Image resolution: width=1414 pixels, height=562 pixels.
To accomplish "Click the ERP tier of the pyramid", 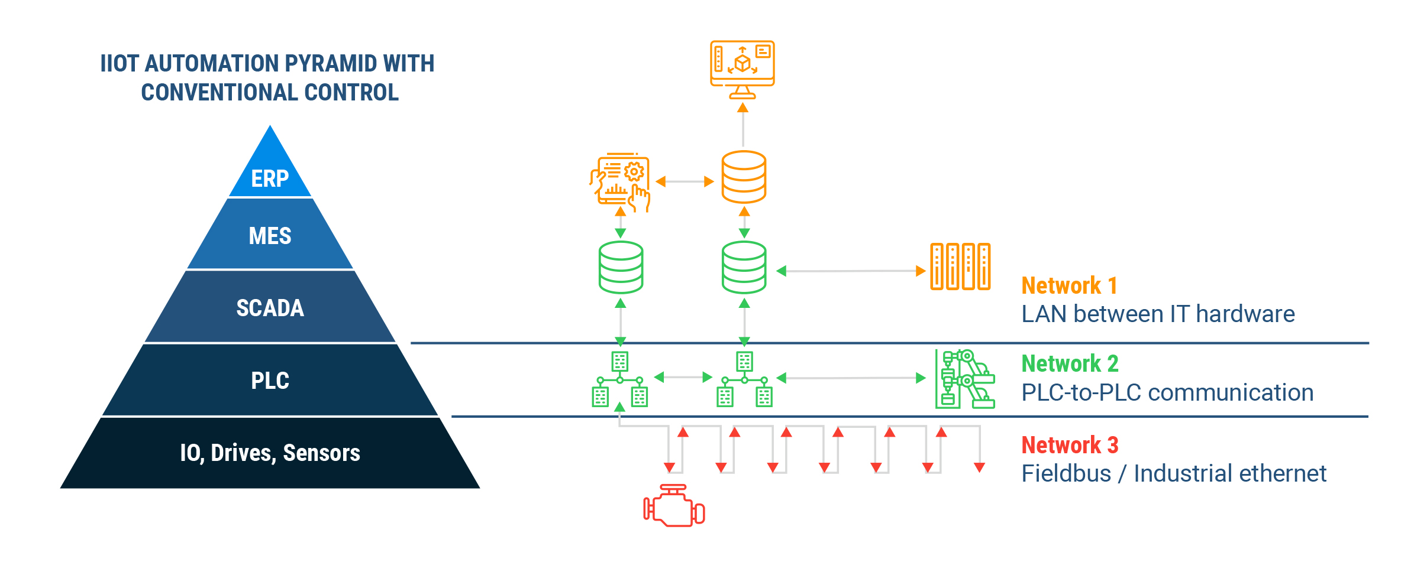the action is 270,171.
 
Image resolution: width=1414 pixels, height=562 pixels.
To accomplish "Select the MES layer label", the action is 270,236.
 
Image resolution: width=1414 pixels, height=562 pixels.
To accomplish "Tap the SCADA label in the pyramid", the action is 270,308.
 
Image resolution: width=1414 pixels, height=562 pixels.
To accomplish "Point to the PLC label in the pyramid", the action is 270,381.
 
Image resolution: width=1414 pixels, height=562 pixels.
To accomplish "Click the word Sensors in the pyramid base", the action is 321,453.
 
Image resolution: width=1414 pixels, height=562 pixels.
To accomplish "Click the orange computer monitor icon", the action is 742,70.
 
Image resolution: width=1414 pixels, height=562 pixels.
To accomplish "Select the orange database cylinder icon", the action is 744,177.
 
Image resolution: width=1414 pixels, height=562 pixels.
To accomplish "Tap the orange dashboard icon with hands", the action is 620,182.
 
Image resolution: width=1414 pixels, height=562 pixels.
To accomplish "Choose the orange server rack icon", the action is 960,267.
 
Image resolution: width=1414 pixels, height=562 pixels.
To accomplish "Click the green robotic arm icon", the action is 965,379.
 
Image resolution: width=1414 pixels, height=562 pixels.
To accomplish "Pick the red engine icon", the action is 674,506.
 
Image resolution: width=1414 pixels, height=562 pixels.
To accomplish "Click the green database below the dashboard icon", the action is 621,267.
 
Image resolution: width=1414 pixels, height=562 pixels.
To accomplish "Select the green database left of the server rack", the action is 744,267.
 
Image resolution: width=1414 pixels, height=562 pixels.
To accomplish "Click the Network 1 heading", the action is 1069,286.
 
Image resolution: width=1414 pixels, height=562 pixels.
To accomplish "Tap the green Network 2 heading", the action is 1070,364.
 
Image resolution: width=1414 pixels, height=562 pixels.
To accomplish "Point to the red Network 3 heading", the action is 1070,445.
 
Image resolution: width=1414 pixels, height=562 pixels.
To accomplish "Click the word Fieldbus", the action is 1066,473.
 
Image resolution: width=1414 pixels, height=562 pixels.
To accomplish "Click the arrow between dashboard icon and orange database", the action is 685,181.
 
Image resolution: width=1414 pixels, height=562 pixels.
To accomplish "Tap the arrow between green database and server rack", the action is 851,271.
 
